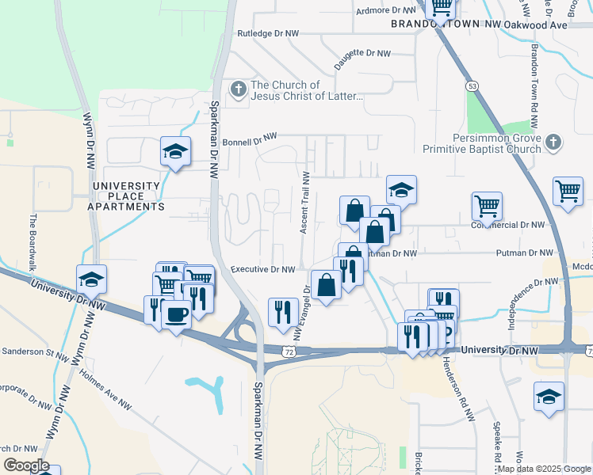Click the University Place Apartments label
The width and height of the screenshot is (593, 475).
pyautogui.click(x=128, y=196)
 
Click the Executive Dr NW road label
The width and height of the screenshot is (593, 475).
pyautogui.click(x=263, y=270)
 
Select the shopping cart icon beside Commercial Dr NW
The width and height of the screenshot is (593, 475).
pyautogui.click(x=487, y=206)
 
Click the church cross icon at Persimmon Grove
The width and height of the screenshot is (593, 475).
pyautogui.click(x=553, y=142)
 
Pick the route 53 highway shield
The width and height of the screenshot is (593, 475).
pyautogui.click(x=472, y=85)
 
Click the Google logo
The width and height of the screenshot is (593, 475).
pyautogui.click(x=26, y=465)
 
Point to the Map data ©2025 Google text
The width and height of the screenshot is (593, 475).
pyautogui.click(x=543, y=469)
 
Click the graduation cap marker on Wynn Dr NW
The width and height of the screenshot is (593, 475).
pyautogui.click(x=92, y=279)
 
